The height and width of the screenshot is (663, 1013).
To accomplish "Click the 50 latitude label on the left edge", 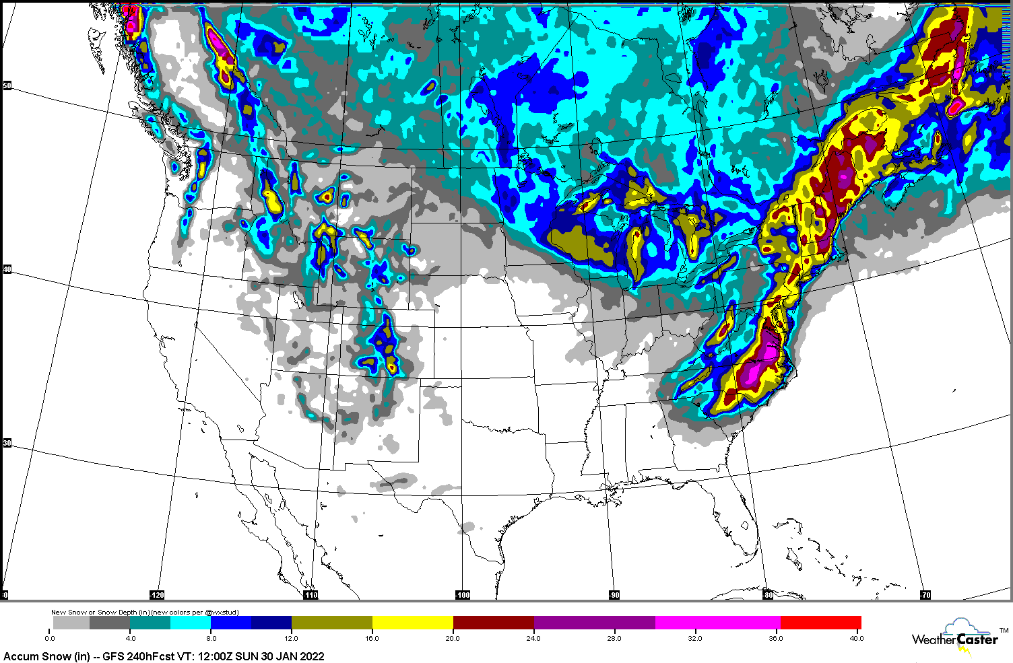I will click(7, 85).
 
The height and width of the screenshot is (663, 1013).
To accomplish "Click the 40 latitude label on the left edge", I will click(7, 270).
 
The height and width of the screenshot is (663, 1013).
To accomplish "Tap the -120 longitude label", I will click(156, 595).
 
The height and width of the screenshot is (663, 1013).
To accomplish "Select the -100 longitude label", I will click(463, 595).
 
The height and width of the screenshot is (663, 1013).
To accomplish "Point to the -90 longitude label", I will click(614, 595).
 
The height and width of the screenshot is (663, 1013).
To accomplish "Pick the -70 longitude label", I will click(925, 595).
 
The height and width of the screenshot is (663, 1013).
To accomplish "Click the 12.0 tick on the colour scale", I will click(292, 638).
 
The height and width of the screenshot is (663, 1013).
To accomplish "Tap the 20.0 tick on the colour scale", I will click(453, 638).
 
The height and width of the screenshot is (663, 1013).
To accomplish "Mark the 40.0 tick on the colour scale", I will click(856, 638).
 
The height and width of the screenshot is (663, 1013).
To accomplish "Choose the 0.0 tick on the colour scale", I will click(51, 638).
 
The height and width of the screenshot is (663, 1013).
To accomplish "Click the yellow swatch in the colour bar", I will click(412, 623).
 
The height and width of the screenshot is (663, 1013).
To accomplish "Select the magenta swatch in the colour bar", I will click(718, 623).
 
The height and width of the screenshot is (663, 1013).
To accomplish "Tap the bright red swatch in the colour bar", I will click(821, 623).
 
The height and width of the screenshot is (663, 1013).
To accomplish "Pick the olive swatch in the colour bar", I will click(331, 623).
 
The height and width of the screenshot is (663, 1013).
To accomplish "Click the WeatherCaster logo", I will click(955, 636).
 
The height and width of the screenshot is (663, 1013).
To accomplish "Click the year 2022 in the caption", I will click(312, 656).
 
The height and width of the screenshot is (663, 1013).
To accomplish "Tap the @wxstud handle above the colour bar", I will click(222, 613).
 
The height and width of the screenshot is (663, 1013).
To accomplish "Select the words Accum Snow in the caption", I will click(31, 656).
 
